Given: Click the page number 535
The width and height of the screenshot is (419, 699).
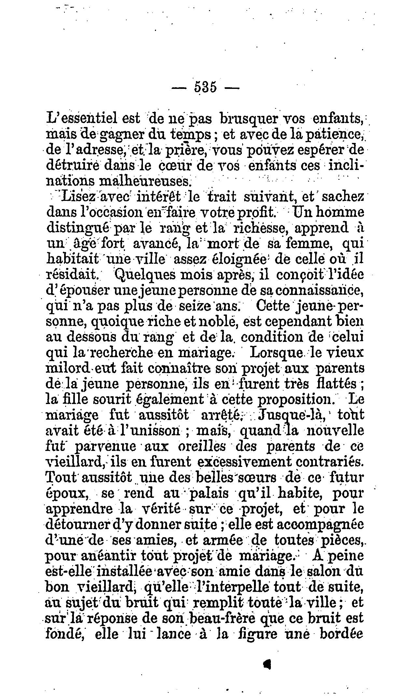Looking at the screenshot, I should pos(205,88).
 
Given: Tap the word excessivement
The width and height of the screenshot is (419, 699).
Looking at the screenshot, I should pos(243,462).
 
